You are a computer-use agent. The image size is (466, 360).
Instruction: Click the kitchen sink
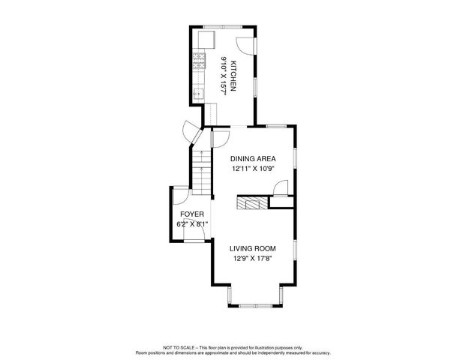click(199, 94)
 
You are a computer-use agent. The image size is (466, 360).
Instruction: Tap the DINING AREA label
click(253, 159)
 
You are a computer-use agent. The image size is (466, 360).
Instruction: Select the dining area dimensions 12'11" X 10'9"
click(253, 169)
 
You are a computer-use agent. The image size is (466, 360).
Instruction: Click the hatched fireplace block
click(251, 202)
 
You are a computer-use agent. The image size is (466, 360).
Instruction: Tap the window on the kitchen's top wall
click(220, 28)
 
